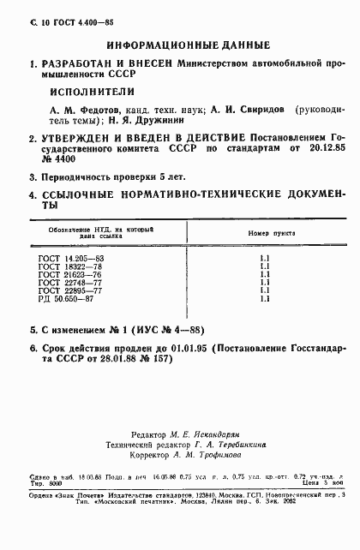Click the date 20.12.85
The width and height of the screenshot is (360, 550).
coord(327,148)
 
